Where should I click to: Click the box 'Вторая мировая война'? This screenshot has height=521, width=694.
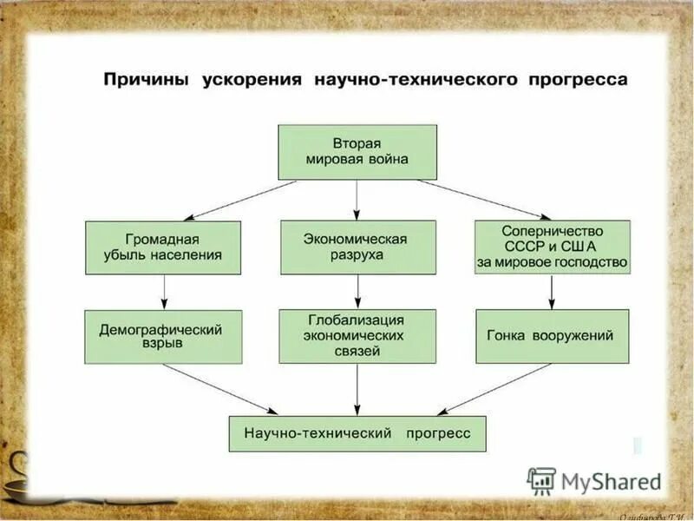click(357, 152)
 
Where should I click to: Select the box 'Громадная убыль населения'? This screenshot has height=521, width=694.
click(163, 247)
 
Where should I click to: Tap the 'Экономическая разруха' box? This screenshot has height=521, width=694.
click(357, 247)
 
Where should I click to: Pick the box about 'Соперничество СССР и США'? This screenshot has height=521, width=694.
click(552, 247)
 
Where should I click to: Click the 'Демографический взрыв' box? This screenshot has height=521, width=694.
click(163, 337)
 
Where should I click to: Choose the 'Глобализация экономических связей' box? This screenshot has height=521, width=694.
click(357, 336)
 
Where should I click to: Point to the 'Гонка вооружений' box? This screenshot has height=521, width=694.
click(552, 336)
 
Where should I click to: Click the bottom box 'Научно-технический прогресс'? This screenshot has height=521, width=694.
click(357, 432)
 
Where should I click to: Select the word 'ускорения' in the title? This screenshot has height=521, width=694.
click(252, 80)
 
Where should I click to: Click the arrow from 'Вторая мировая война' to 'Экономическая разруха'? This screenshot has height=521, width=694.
click(357, 200)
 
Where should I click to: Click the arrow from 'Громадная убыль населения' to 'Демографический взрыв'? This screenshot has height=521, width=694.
click(163, 292)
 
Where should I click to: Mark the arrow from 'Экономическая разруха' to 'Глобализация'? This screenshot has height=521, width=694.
click(357, 292)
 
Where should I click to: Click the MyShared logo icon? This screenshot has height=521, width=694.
click(541, 480)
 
